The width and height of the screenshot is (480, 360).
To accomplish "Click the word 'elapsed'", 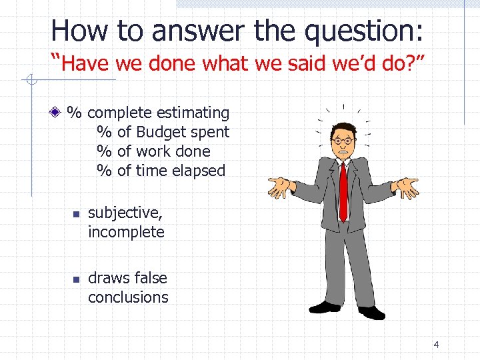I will click(x=199, y=171).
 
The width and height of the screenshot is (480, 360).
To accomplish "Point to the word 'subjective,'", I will click(x=125, y=213).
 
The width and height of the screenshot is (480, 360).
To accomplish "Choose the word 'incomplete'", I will click(x=126, y=232).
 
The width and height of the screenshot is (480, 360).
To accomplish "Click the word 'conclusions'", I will click(x=128, y=297).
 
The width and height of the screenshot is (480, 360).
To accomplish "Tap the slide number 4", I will click(x=436, y=345).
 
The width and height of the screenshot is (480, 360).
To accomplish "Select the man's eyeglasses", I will click(x=343, y=141).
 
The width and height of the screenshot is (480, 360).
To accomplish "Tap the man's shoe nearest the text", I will click(x=325, y=307).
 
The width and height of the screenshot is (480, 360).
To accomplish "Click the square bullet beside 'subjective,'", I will click(x=76, y=214).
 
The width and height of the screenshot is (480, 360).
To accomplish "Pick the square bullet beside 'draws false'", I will click(x=76, y=279).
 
